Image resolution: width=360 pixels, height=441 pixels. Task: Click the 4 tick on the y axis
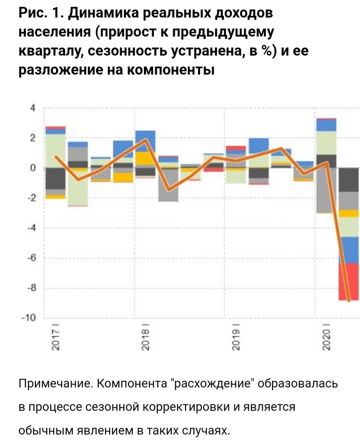click(x=32, y=108)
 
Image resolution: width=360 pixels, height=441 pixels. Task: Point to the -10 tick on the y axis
click(x=29, y=318)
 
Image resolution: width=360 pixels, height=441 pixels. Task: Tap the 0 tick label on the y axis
click(x=32, y=168)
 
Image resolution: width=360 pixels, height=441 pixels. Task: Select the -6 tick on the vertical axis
click(x=31, y=258)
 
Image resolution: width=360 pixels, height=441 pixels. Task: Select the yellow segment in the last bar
click(x=348, y=213)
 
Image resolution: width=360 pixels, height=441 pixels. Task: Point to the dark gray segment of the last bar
click(x=348, y=180)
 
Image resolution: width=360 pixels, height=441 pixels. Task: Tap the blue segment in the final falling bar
click(x=348, y=250)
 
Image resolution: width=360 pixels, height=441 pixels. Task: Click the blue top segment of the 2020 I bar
click(x=326, y=125)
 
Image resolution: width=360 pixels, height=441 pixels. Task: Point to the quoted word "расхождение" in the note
click(x=212, y=384)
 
